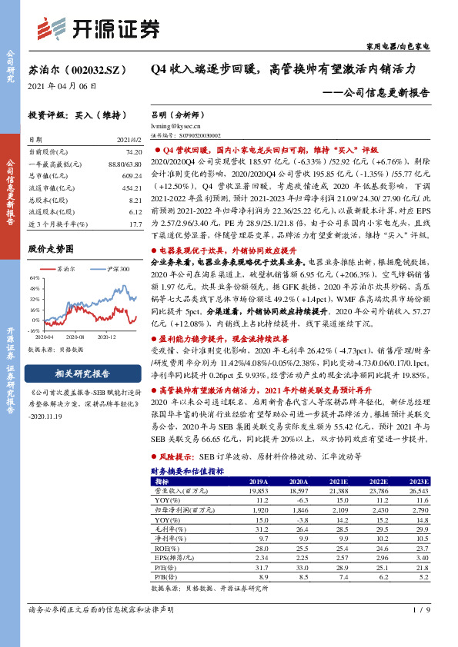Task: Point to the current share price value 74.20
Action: pos(133,153)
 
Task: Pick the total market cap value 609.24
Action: pos(132,175)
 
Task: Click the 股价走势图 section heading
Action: pos(51,248)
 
